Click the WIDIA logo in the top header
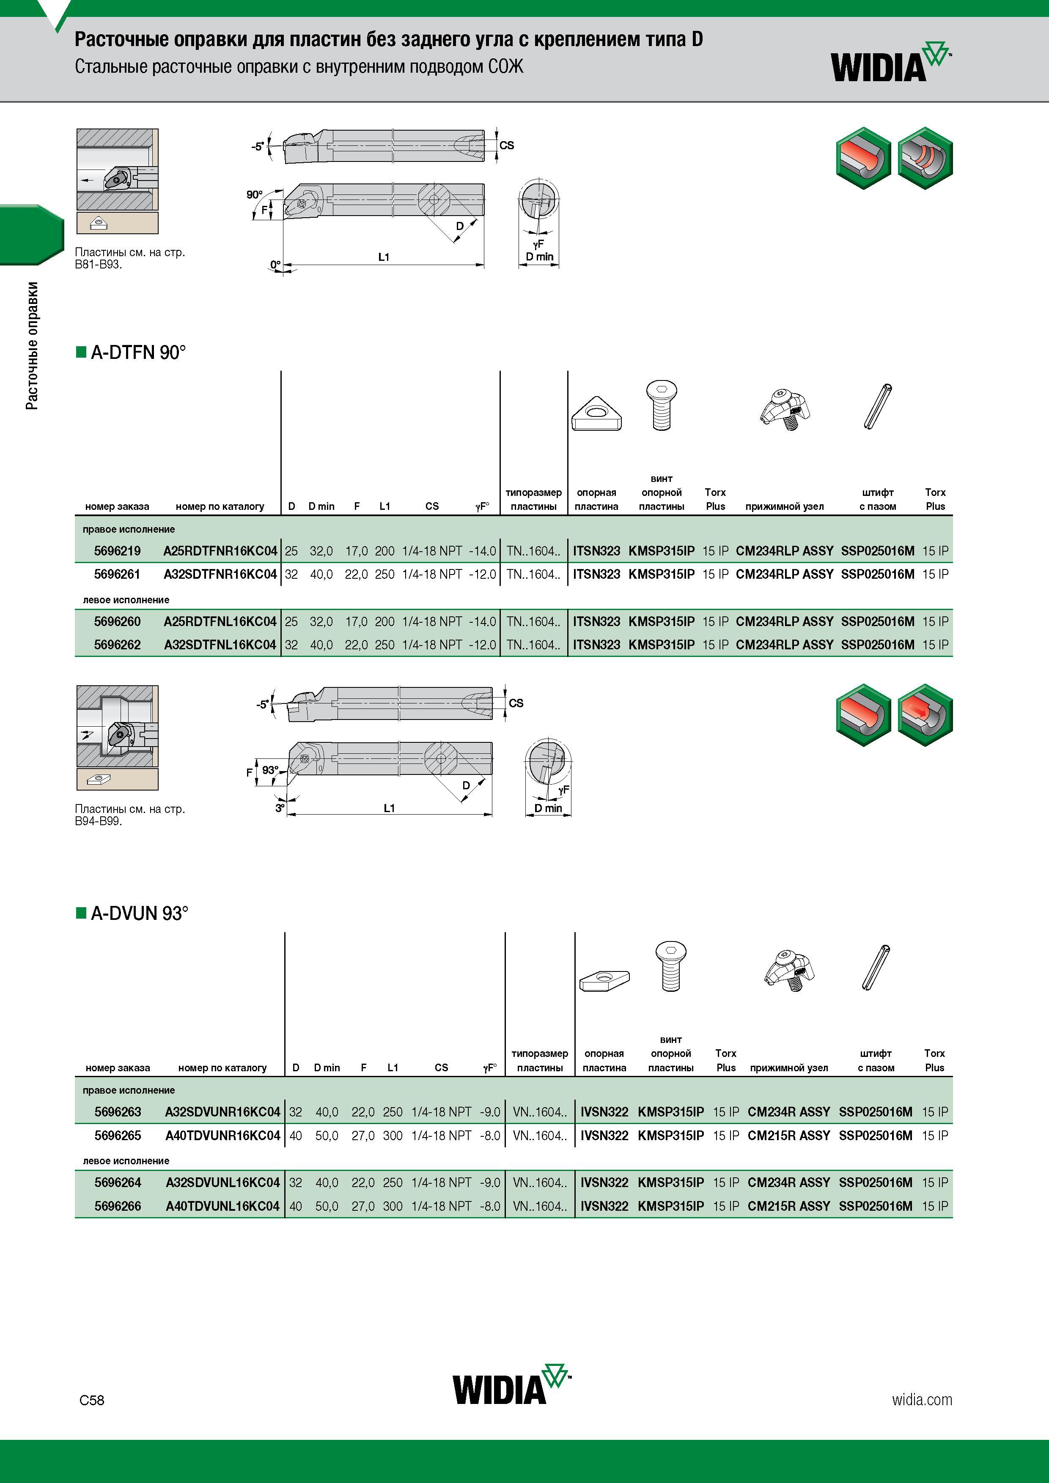891,63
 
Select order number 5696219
117,551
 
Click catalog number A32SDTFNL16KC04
220,645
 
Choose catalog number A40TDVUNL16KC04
222,1206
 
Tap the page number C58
92,1400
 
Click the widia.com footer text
922,1400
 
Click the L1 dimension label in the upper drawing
384,257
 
